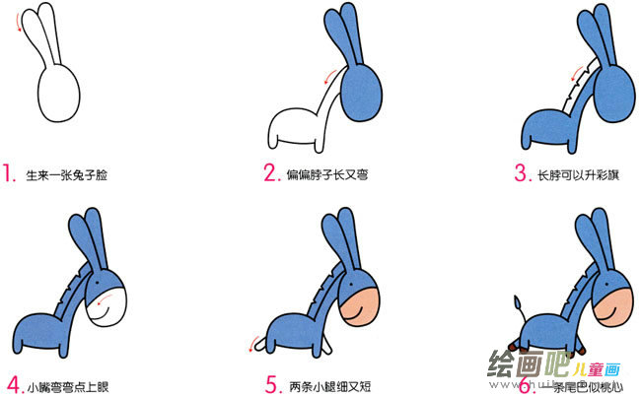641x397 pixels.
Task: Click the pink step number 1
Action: coord(10,175)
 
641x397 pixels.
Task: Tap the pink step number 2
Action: coord(270,174)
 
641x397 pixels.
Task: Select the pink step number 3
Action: coord(521,174)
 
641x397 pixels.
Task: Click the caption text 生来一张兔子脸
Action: coord(67,177)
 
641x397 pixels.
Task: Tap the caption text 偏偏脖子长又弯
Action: coord(326,177)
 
